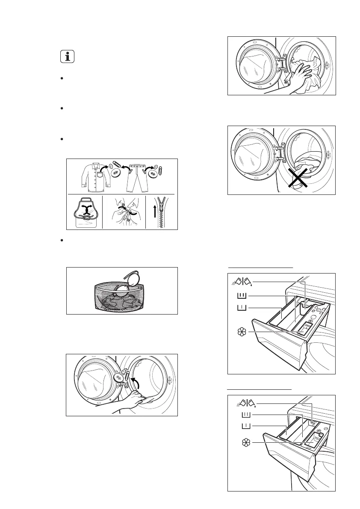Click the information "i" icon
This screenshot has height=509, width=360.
coord(66,57)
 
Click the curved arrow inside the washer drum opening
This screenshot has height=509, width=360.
coord(136,381)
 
